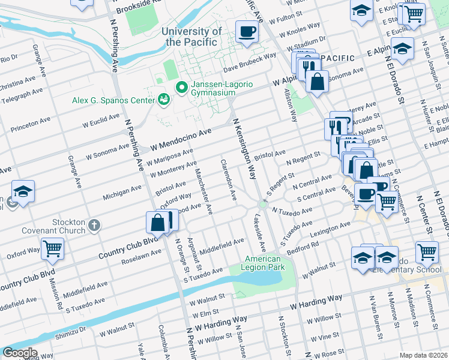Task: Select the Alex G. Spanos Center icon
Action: [x=163, y=100]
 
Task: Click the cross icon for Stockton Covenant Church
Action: [x=93, y=226]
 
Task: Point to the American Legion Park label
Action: [x=264, y=263]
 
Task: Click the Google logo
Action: [x=19, y=353]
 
